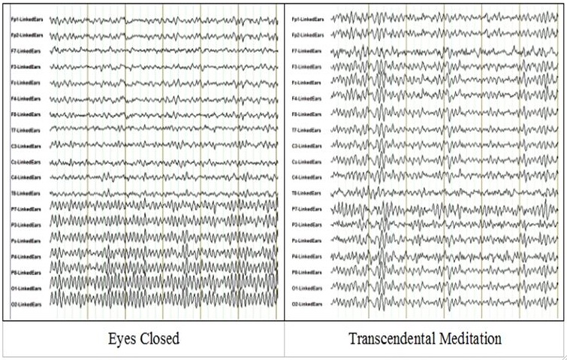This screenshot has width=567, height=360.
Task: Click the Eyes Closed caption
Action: tap(142, 339)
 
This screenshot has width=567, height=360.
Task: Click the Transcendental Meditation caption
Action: tap(424, 339)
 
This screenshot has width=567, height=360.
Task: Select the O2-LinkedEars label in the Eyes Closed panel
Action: tap(26, 304)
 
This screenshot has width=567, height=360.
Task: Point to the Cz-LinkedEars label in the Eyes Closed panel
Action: tap(26, 162)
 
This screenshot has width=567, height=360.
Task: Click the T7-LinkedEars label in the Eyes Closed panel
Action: tap(26, 130)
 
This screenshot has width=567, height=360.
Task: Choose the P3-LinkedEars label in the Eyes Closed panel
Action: tap(26, 225)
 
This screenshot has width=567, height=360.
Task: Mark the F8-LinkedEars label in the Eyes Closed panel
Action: tap(26, 114)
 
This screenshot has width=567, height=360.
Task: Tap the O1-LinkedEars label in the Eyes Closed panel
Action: tap(26, 288)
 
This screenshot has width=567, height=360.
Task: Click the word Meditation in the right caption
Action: tap(468, 339)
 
